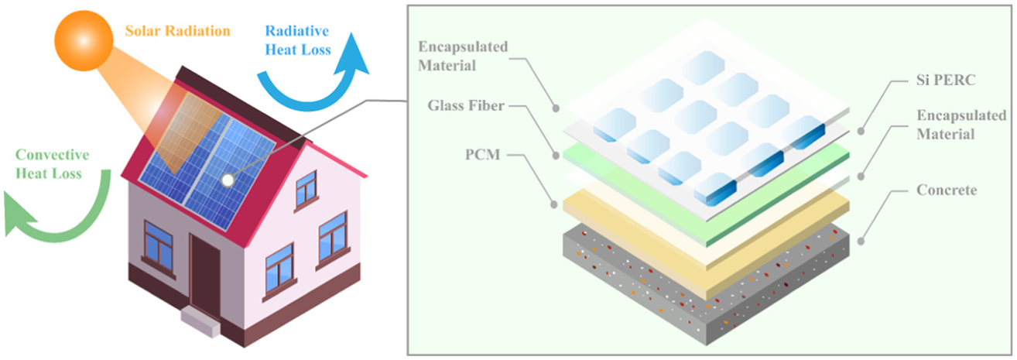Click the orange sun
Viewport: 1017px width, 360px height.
point(84,41)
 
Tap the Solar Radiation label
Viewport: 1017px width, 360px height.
point(177,31)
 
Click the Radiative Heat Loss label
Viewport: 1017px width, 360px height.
point(298,40)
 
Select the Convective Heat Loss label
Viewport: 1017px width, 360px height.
point(52,164)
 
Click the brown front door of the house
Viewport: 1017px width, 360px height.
point(205,275)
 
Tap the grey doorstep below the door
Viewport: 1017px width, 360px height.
point(200,321)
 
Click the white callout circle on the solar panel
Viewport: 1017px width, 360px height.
point(227,180)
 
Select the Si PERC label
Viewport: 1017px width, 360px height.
point(946,80)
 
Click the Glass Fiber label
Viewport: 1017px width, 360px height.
point(466,106)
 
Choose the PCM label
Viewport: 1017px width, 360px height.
point(482,154)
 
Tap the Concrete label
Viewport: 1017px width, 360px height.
point(947,190)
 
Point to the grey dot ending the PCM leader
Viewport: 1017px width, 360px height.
point(554,204)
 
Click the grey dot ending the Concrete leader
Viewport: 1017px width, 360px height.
point(861,242)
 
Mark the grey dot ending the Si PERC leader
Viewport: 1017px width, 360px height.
point(861,132)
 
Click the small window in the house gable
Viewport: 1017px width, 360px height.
point(306,189)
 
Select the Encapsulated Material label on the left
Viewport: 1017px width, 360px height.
point(463,57)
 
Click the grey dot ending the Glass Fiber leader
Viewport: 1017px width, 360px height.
point(555,156)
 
